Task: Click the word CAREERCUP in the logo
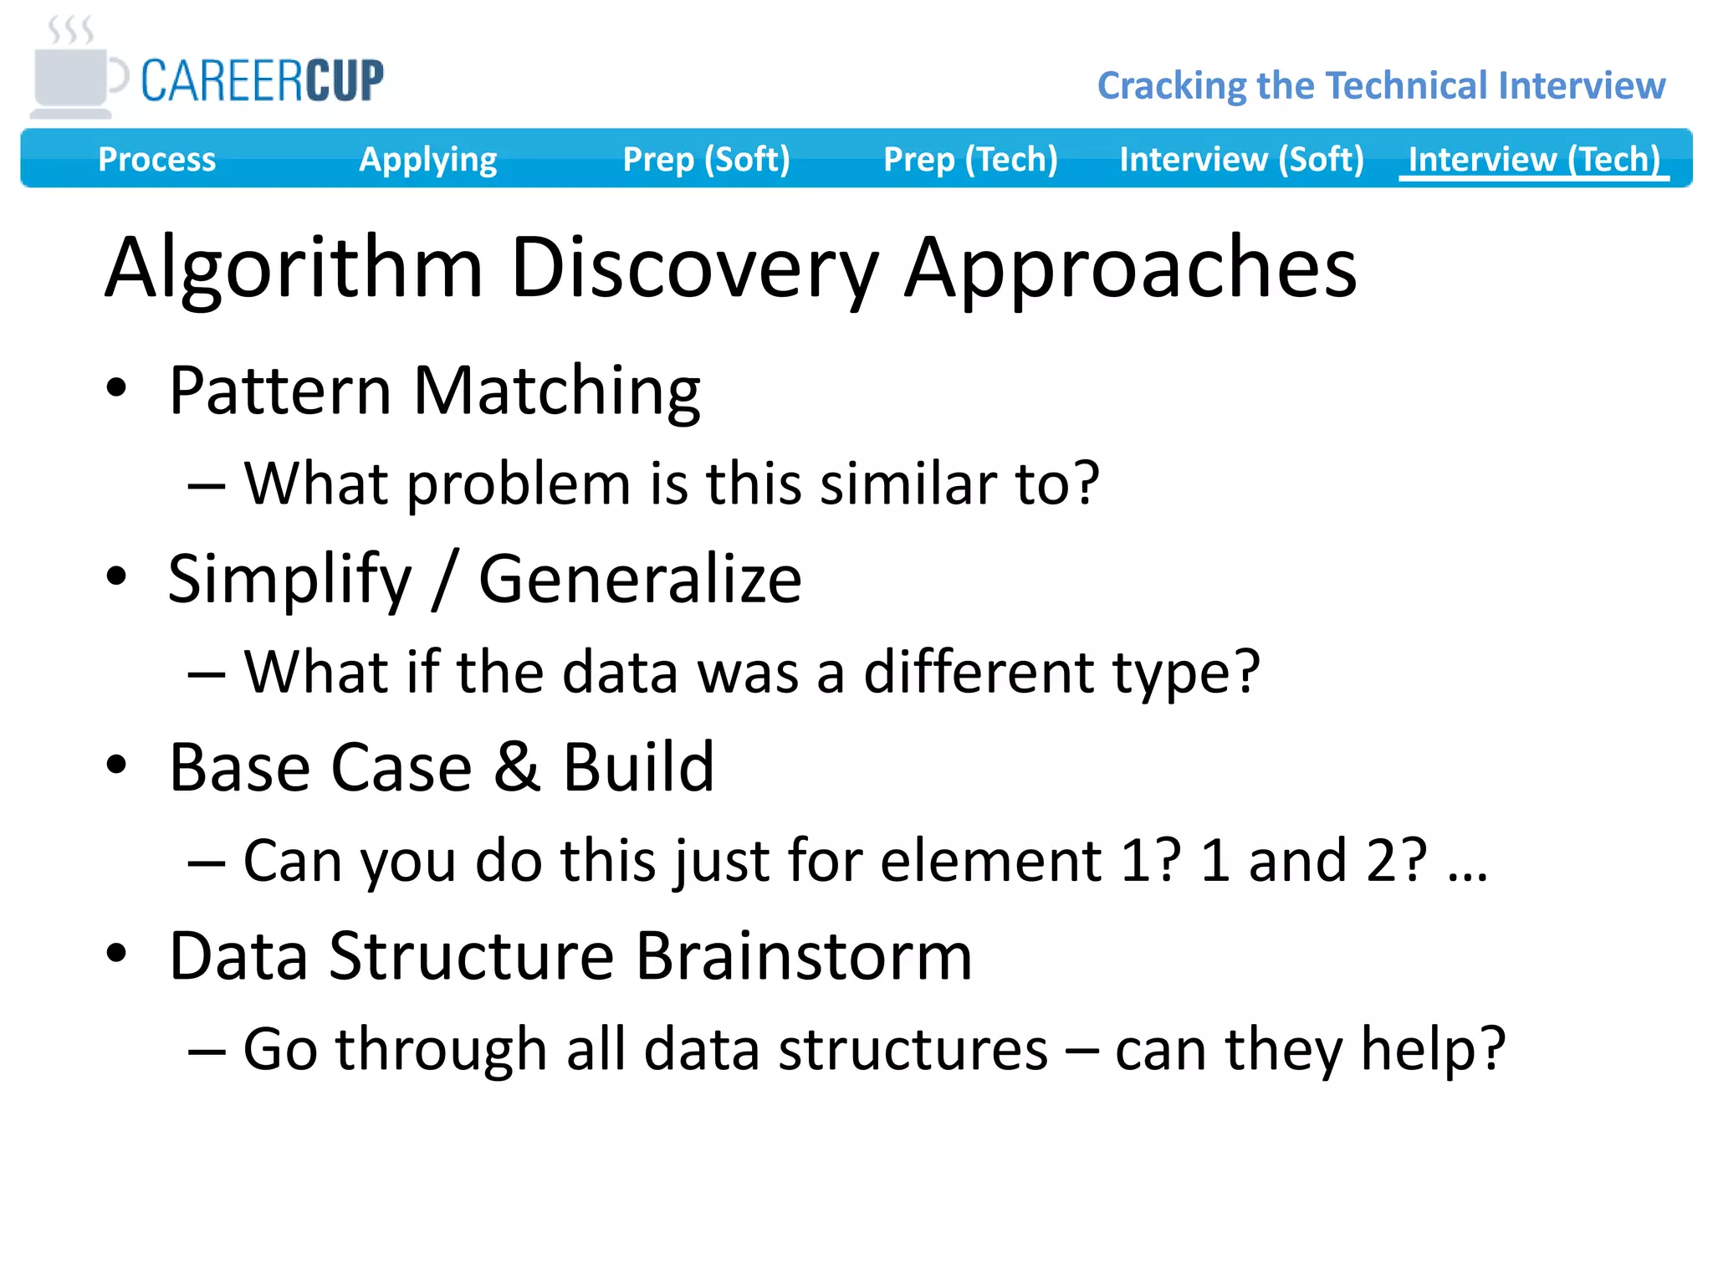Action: [x=262, y=81]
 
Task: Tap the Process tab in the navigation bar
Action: [x=156, y=159]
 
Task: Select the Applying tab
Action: [x=427, y=159]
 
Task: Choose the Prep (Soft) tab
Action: [x=706, y=159]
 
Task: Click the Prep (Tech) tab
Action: [x=970, y=159]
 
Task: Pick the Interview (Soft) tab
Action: [x=1241, y=159]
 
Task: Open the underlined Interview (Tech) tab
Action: [x=1533, y=159]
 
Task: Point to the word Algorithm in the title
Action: [x=294, y=268]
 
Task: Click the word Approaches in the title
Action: [x=1131, y=268]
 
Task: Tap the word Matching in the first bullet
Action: [x=556, y=391]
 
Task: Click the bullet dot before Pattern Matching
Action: [x=116, y=388]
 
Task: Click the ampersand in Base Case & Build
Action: [x=516, y=767]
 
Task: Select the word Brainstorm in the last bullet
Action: [x=804, y=955]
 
